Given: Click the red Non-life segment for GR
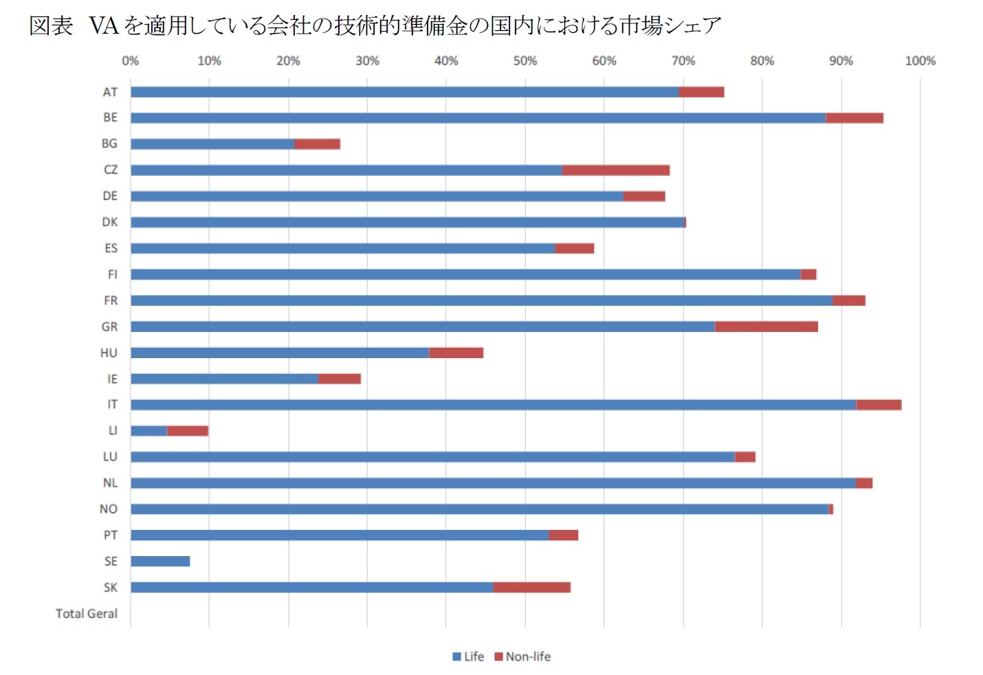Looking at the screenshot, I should [x=766, y=327].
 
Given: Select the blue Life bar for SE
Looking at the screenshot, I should [x=160, y=562].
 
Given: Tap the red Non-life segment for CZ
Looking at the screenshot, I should [x=615, y=170].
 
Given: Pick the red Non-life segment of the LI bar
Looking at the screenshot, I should [x=187, y=431].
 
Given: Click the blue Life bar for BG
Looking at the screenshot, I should [x=212, y=144].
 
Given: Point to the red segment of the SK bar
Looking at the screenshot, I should [x=531, y=588].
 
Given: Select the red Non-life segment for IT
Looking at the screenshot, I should [x=879, y=405].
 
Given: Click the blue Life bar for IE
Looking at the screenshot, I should [x=224, y=379].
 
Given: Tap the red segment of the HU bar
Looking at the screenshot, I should [x=456, y=353].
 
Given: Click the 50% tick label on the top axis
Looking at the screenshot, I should [x=524, y=61].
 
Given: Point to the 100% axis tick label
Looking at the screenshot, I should [x=920, y=61].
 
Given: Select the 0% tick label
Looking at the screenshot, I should [x=130, y=61].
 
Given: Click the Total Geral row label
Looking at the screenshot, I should [x=87, y=614].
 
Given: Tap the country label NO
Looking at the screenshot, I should [x=109, y=509].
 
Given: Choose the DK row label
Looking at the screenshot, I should [x=110, y=222].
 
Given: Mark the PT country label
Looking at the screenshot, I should [x=111, y=535].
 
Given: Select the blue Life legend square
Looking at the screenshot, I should [x=456, y=657].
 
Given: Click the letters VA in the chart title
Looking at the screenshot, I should [x=104, y=26].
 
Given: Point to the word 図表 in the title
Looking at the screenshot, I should [x=51, y=26].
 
